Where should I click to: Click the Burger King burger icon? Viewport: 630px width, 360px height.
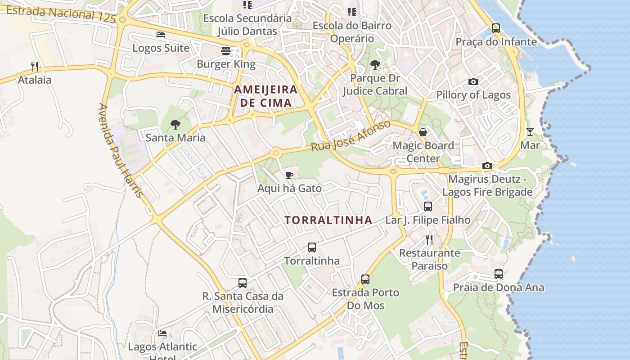[x=226, y=51]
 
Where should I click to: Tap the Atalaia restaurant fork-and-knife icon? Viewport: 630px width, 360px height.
[x=35, y=67]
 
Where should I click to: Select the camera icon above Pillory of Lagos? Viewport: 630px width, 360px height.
[x=473, y=81]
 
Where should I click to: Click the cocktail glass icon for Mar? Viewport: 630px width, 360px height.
[x=530, y=132]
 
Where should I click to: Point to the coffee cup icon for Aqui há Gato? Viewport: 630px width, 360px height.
[x=289, y=175]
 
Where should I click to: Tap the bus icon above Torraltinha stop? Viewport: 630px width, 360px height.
[x=312, y=247]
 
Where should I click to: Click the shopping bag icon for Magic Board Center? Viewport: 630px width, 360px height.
[x=423, y=132]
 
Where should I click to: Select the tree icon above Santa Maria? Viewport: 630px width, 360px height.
[x=175, y=125]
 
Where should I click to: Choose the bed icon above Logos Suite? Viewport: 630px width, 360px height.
[x=161, y=35]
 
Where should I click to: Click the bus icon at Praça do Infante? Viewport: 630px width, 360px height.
[x=495, y=28]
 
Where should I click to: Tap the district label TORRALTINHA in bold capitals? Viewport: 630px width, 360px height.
[x=328, y=220]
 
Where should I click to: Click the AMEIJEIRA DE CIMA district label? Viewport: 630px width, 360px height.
[x=265, y=96]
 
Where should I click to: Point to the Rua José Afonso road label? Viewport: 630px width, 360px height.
[x=351, y=135]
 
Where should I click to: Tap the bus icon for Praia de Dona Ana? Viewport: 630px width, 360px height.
[x=499, y=274]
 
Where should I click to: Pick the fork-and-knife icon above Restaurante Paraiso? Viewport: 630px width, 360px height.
[x=429, y=239]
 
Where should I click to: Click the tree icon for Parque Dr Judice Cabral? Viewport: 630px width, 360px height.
[x=375, y=65]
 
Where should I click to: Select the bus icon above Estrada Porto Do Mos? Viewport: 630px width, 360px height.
[x=365, y=279]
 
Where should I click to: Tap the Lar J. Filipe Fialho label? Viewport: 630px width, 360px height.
[x=427, y=220]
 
